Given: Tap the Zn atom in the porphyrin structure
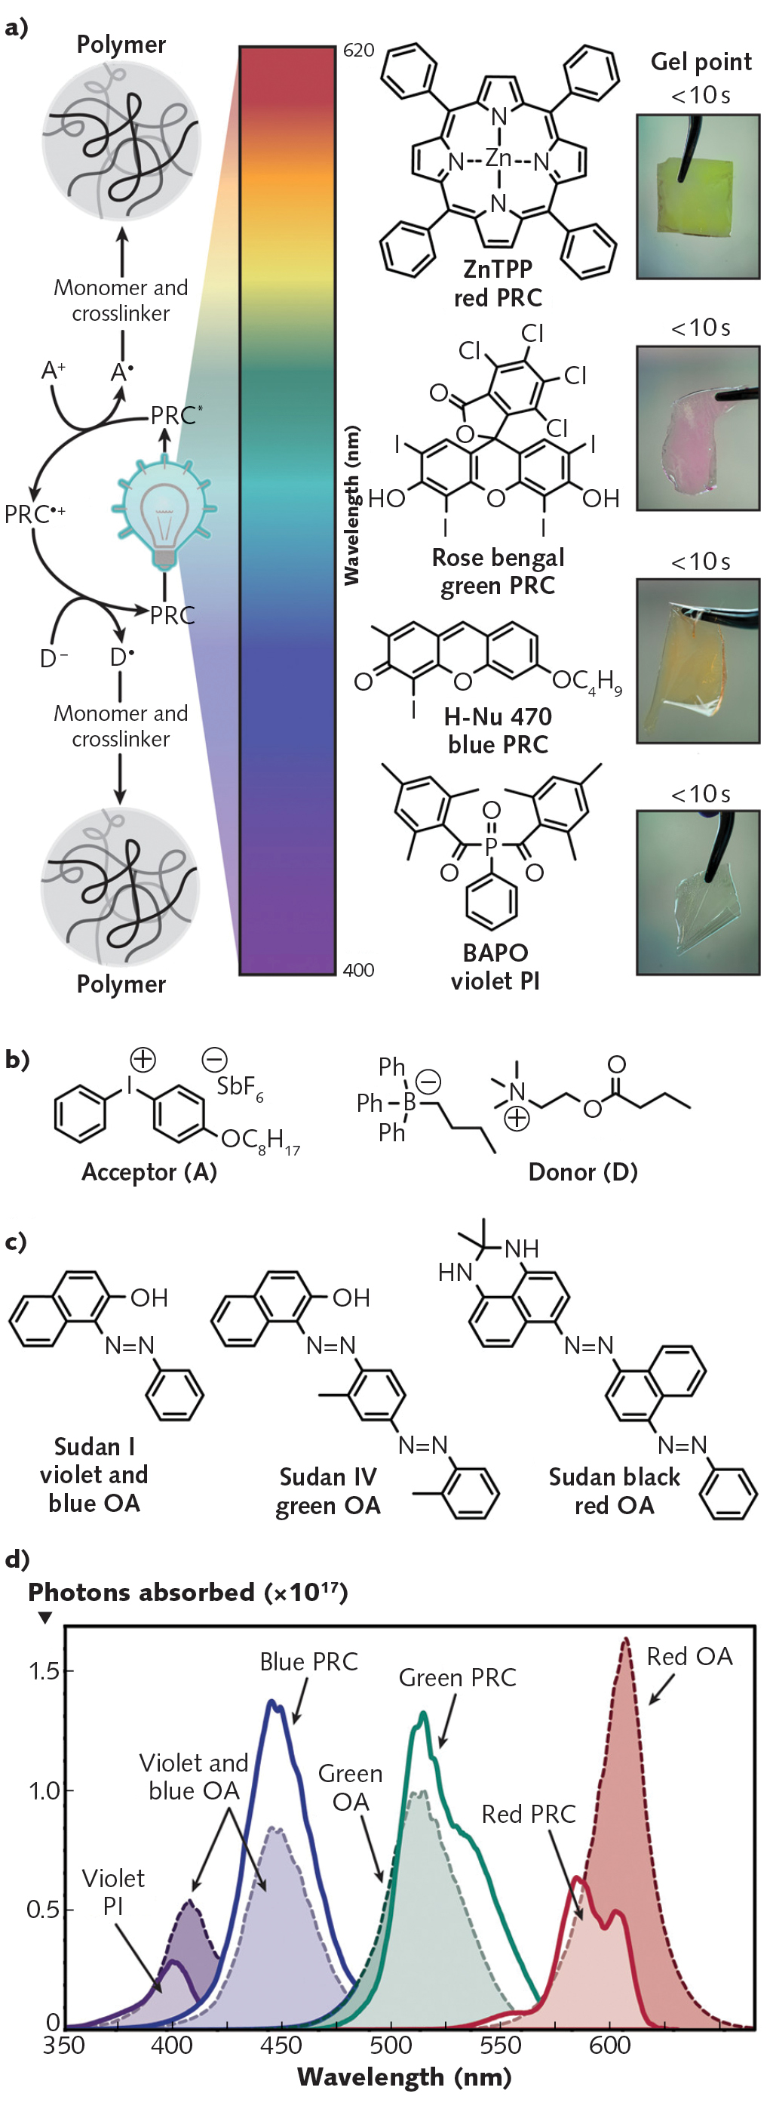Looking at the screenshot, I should (x=498, y=158).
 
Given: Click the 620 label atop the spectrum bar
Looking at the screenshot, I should (x=359, y=51).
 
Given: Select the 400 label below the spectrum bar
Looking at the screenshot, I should (x=359, y=970).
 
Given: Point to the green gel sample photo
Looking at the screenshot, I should (x=698, y=197).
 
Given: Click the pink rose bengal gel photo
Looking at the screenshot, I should (x=698, y=429).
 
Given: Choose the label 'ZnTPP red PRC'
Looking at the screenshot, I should (x=498, y=283).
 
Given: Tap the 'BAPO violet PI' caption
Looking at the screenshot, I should (x=495, y=966).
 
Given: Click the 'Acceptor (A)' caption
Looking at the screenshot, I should (x=149, y=1171).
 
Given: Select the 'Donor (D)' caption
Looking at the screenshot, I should (x=583, y=1171).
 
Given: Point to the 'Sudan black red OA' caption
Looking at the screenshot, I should (x=614, y=1491).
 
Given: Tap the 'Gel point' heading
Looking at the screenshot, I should (x=701, y=63).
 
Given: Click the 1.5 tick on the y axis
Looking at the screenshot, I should (x=44, y=1671).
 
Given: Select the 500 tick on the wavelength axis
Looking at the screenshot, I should (x=391, y=2044).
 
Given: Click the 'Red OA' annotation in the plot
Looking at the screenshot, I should (x=689, y=1657).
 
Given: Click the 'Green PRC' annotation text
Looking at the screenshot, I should (x=457, y=1677).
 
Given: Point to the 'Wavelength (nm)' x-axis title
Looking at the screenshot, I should (x=403, y=2077).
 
